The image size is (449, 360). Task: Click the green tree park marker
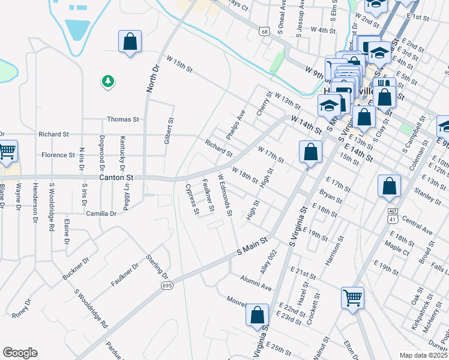click(108, 81)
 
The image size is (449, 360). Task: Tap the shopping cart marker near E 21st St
click(352, 297)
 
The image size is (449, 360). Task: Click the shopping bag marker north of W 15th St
click(130, 42)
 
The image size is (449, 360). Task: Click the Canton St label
click(115, 178)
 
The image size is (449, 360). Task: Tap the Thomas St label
click(123, 119)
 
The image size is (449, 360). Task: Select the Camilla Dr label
click(101, 214)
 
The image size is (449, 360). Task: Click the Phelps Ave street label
click(237, 124)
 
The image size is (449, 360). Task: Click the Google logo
click(20, 352)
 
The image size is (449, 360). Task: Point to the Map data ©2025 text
click(423, 355)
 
